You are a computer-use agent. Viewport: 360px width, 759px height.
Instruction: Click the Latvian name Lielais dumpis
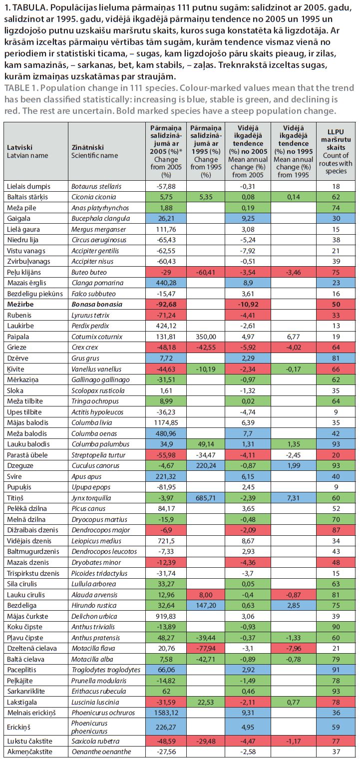pyautogui.click(x=28, y=186)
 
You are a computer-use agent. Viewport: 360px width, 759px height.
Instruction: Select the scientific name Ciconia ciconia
pyautogui.click(x=94, y=197)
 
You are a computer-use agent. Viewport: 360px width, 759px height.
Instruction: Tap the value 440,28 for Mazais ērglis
pyautogui.click(x=166, y=283)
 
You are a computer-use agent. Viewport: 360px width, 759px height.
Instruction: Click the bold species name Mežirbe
pyautogui.click(x=20, y=304)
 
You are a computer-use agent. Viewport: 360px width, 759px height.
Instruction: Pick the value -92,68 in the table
pyautogui.click(x=166, y=304)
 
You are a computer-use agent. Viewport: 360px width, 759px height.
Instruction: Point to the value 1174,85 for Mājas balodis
pyautogui.click(x=166, y=422)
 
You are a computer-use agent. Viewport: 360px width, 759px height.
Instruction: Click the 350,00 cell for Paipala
pyautogui.click(x=206, y=337)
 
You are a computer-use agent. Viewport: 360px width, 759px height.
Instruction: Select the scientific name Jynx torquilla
pyautogui.click(x=91, y=498)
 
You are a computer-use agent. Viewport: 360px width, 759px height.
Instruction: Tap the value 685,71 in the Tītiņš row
pyautogui.click(x=206, y=498)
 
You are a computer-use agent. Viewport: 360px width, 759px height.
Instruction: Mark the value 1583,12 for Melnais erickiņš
pyautogui.click(x=166, y=713)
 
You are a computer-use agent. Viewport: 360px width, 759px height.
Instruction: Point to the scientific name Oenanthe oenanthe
pyautogui.click(x=101, y=752)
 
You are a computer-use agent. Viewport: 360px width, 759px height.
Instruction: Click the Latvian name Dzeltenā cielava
pyautogui.click(x=32, y=648)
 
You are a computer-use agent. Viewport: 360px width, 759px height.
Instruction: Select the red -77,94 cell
pyautogui.click(x=206, y=648)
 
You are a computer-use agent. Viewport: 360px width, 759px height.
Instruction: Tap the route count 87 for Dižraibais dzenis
pyautogui.click(x=336, y=530)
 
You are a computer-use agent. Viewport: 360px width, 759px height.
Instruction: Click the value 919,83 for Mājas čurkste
pyautogui.click(x=166, y=616)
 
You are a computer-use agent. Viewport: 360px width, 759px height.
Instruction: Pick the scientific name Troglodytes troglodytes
pyautogui.click(x=106, y=670)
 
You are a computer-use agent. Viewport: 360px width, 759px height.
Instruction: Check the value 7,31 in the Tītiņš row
pyautogui.click(x=293, y=498)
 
